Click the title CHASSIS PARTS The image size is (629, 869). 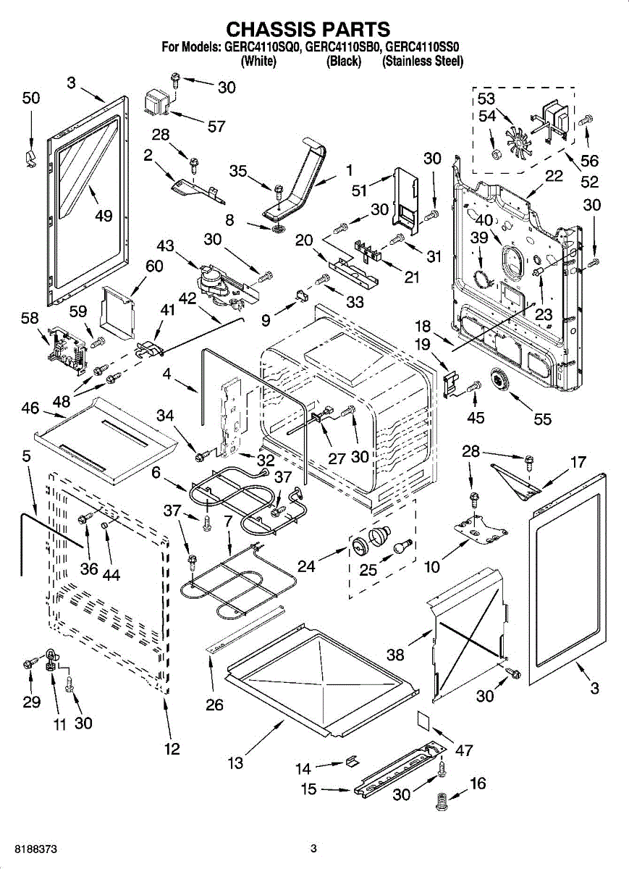(308, 29)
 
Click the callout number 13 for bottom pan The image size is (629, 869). (235, 763)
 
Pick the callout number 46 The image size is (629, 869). (30, 408)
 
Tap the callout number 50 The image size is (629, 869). (30, 98)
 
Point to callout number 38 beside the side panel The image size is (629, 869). (395, 655)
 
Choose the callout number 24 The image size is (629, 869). (307, 566)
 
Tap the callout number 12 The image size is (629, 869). (172, 749)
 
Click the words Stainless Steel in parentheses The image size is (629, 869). (423, 62)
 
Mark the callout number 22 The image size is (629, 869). (554, 176)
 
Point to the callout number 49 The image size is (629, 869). (103, 215)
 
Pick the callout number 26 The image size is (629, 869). (215, 704)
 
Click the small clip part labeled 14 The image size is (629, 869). (351, 760)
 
